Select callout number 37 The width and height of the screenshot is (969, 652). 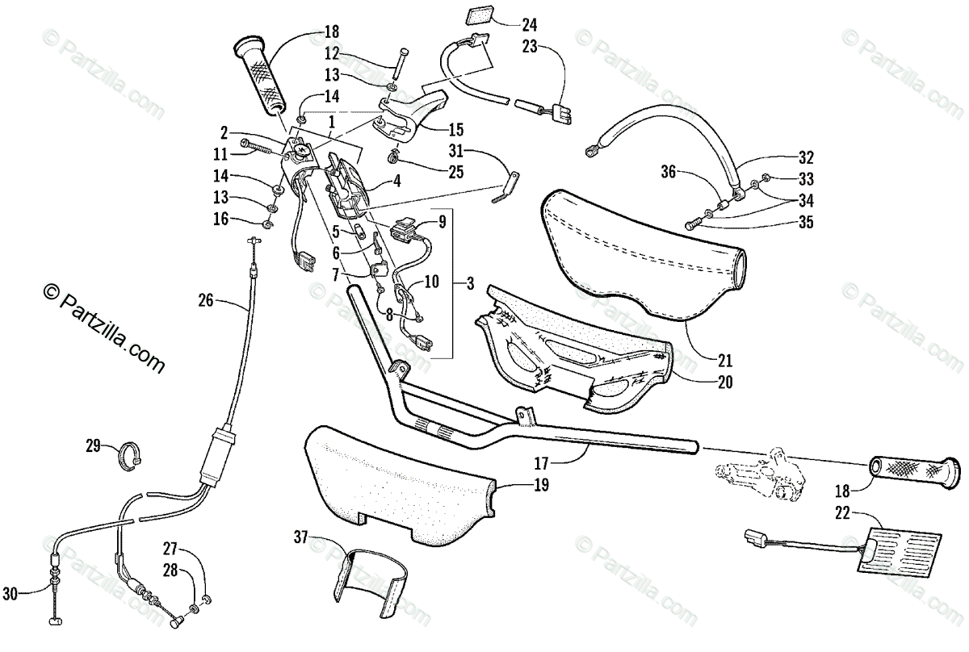click(302, 537)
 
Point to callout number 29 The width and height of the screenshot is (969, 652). click(94, 445)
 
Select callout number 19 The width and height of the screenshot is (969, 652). click(540, 485)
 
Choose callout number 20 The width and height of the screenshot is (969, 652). click(724, 382)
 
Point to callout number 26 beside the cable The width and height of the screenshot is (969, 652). click(206, 301)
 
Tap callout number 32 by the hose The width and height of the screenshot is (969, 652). click(805, 157)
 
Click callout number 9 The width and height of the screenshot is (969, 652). click(442, 220)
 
